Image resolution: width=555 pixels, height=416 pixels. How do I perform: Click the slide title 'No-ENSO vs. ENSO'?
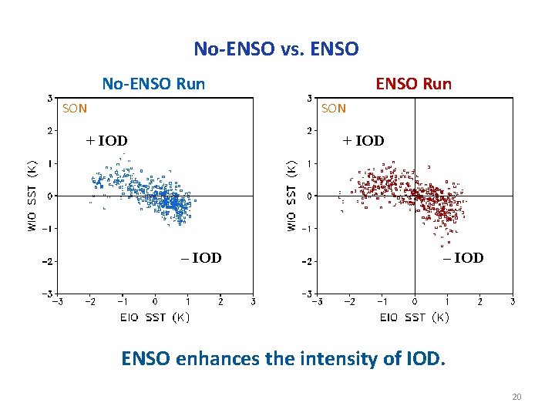pyautogui.click(x=276, y=49)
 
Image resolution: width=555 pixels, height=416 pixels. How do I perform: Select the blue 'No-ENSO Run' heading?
pyautogui.click(x=154, y=83)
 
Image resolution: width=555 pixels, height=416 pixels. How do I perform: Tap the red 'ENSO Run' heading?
pyautogui.click(x=413, y=83)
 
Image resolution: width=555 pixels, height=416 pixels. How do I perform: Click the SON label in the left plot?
pyautogui.click(x=75, y=109)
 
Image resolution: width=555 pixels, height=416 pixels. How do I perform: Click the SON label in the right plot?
pyautogui.click(x=334, y=109)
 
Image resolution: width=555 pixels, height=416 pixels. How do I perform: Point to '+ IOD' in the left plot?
pyautogui.click(x=106, y=141)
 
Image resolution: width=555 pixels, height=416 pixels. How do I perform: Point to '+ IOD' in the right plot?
pyautogui.click(x=363, y=141)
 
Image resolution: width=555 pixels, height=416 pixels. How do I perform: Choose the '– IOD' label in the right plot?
pyautogui.click(x=463, y=258)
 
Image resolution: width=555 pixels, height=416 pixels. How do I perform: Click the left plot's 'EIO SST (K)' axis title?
pyautogui.click(x=154, y=317)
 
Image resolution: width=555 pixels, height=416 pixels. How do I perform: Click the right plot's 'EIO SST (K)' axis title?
pyautogui.click(x=414, y=317)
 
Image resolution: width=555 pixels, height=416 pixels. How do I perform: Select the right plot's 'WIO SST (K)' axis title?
pyautogui.click(x=291, y=195)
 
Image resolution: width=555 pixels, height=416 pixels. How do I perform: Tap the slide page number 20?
pyautogui.click(x=516, y=397)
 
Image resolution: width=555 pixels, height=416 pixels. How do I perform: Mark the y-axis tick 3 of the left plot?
pyautogui.click(x=49, y=98)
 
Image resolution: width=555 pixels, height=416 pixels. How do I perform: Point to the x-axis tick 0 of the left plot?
pyautogui.click(x=155, y=301)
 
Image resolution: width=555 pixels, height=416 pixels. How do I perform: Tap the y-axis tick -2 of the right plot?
pyautogui.click(x=308, y=261)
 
